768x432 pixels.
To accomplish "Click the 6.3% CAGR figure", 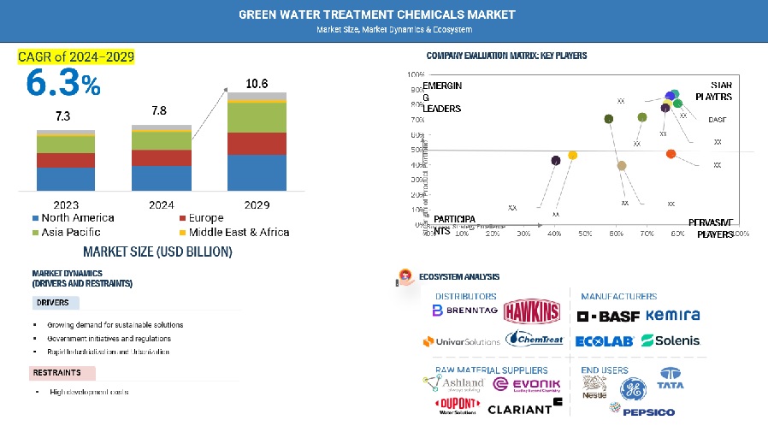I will point(63,83).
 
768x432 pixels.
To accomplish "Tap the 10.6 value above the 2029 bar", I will point(257,84).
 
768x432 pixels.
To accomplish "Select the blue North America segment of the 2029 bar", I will point(257,172).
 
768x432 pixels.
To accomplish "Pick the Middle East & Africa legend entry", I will point(233,232).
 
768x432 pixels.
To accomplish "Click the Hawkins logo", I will point(531,311).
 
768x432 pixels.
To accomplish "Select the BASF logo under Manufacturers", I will point(608,316).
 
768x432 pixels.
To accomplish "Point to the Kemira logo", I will point(673,316).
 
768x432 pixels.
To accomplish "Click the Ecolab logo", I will point(604,340).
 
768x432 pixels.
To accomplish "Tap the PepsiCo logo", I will point(642,411).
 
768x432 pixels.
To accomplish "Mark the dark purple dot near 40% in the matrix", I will point(556,160).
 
